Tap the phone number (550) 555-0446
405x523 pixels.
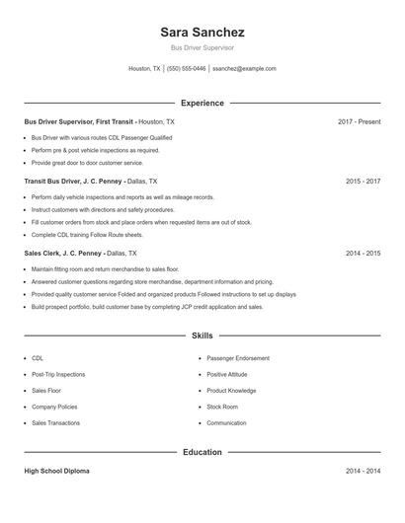tap(186, 69)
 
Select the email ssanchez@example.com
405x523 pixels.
tap(245, 69)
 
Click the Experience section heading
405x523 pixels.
tap(202, 103)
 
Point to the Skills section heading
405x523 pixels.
tap(202, 336)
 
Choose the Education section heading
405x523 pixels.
tap(202, 452)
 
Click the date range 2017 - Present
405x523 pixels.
tap(359, 121)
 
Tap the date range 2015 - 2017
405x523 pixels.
tap(363, 182)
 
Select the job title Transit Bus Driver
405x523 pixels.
tap(58, 182)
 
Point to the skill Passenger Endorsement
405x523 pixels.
tap(237, 358)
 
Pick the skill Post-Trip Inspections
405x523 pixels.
tap(58, 375)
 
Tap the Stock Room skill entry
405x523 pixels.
tap(222, 407)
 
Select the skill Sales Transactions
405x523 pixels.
tap(55, 422)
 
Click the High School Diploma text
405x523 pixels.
tap(56, 472)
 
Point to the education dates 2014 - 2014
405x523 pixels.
tap(363, 472)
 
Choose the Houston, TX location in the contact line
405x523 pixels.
tap(145, 69)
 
